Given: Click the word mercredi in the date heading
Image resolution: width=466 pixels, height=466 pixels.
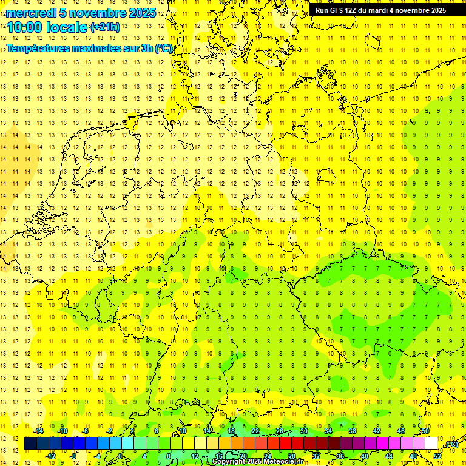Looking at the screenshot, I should coord(32,13).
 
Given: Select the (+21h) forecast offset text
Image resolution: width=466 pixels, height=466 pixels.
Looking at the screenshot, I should coord(104,27).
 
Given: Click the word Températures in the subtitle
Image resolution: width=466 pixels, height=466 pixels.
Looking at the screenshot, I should coord(41,49).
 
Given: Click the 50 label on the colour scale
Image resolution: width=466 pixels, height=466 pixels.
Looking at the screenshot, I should coord(425,431).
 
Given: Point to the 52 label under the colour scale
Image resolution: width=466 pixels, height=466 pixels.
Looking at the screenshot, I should coord(437,456).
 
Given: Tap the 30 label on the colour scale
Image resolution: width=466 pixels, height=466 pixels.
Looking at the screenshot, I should coord(304,431).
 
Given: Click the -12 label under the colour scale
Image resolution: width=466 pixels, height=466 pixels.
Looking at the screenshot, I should coord(50,456).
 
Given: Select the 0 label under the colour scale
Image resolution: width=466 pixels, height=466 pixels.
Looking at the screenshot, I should coord(120,456).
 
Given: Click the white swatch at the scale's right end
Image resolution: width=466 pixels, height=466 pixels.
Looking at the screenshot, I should coord(431,444).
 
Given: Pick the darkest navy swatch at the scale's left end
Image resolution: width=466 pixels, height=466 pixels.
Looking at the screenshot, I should coord(30,444).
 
